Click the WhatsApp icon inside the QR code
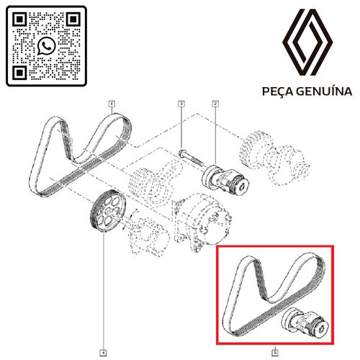point(47,47)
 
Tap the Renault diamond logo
point(306,42)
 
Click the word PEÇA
point(280,91)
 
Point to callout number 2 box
point(215,105)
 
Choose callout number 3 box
point(181,105)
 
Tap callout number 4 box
point(104,333)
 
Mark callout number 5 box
point(275,333)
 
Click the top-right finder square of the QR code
point(73,20)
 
